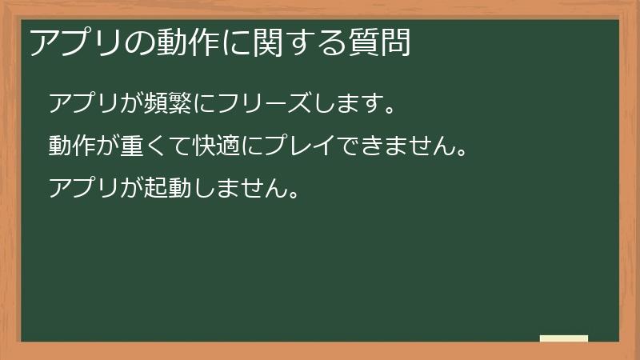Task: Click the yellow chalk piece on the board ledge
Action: [x=564, y=338]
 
